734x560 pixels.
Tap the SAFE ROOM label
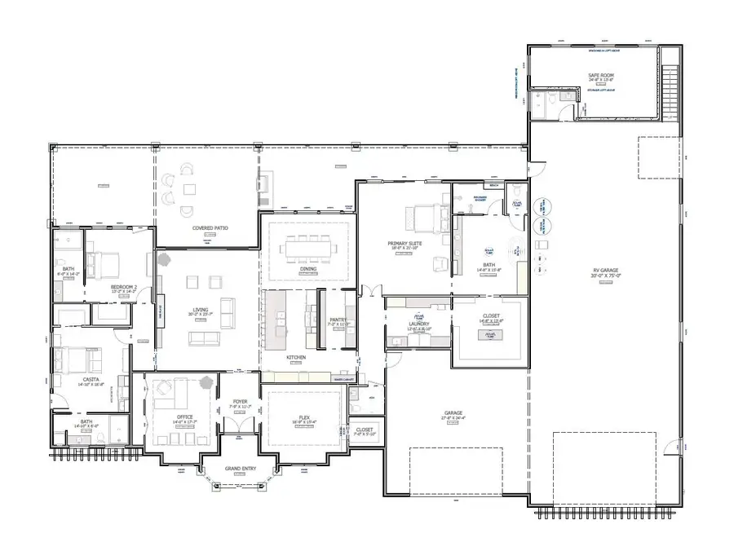[x=601, y=75]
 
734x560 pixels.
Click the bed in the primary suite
[x=425, y=218]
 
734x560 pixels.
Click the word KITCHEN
[x=295, y=358]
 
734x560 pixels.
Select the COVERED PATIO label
[x=210, y=228]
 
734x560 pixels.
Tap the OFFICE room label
[x=183, y=417]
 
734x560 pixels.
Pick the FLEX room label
[x=304, y=417]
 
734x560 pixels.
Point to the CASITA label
[x=91, y=379]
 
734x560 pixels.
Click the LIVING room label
[x=200, y=308]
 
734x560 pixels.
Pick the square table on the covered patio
[x=189, y=191]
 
